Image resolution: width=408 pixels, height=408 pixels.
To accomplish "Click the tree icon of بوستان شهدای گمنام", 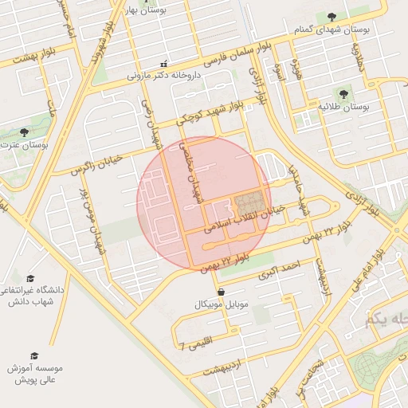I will click(x=332, y=17).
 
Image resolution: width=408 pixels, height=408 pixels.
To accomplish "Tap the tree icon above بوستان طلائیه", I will click(x=344, y=93).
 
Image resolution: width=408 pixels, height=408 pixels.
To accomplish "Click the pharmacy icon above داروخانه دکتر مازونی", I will click(x=164, y=64).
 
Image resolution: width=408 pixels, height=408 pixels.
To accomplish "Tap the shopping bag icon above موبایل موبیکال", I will click(x=220, y=292).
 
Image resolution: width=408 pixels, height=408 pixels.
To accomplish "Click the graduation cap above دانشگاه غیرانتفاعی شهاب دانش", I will click(x=30, y=278).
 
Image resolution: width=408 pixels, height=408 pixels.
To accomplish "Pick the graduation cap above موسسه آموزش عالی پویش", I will click(x=34, y=355).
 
